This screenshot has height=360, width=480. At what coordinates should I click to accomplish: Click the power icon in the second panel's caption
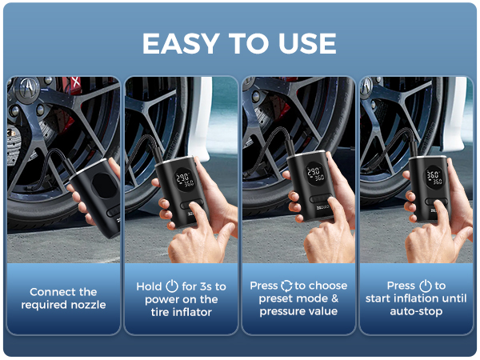[172, 286]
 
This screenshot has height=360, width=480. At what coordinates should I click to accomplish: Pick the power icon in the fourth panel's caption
[425, 286]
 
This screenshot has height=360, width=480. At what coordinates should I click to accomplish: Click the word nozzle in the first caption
[86, 305]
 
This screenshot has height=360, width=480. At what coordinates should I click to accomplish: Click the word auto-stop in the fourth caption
[416, 311]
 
